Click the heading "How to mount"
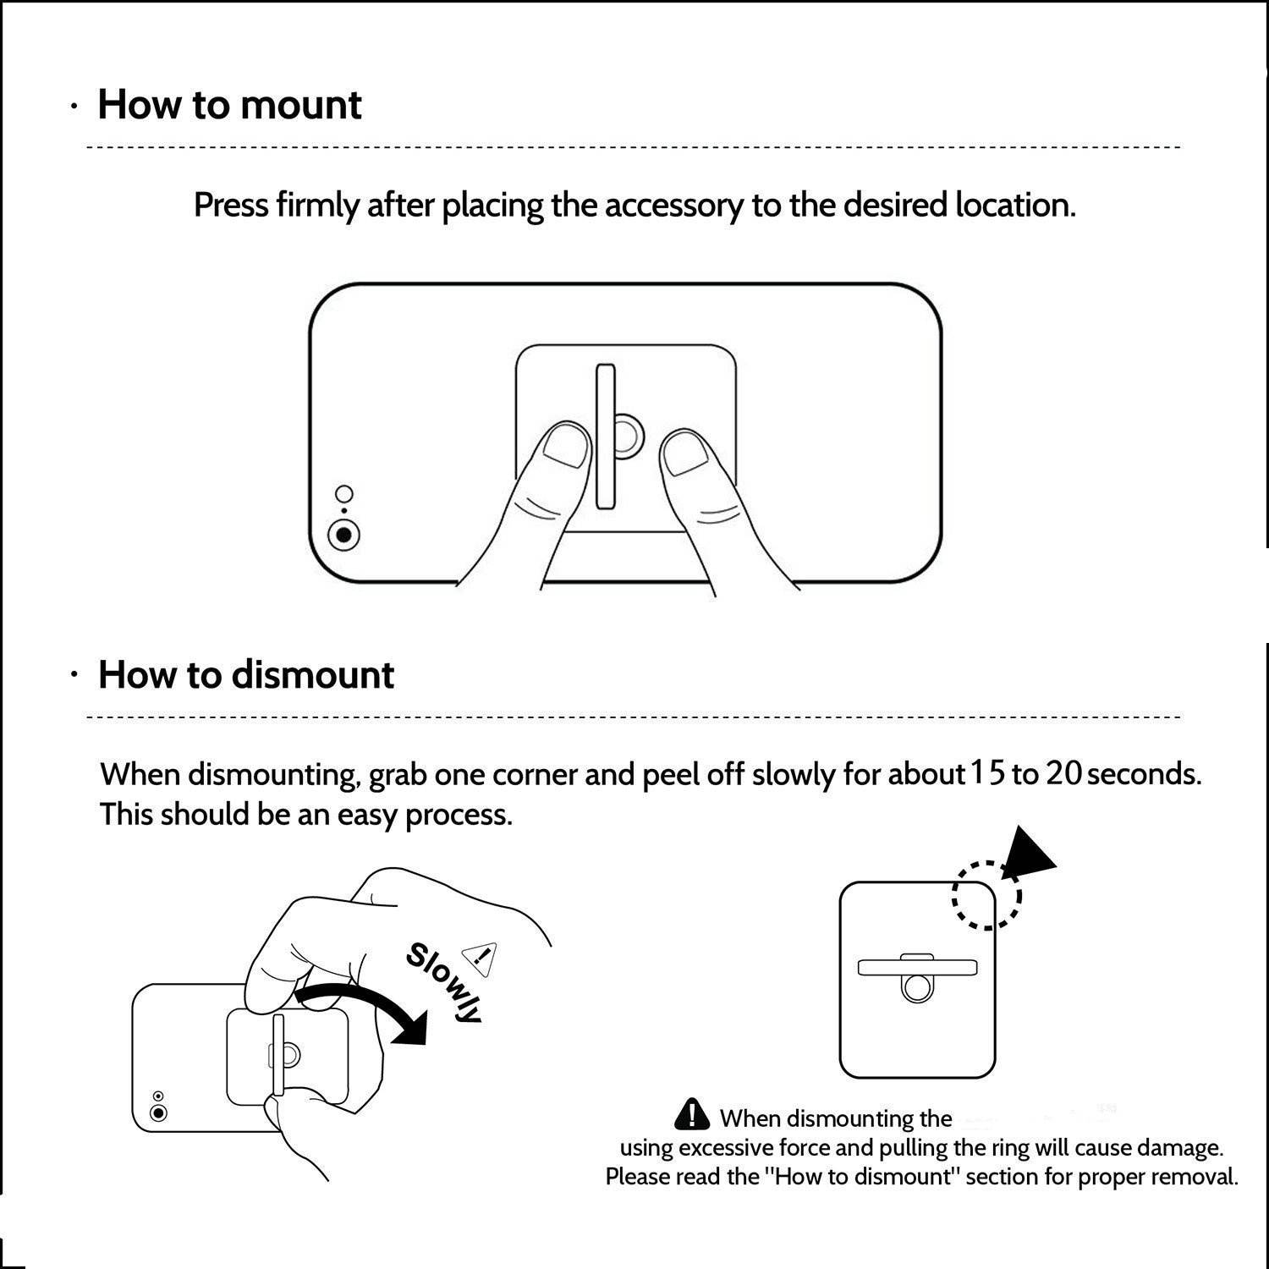(x=229, y=105)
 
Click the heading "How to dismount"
(x=245, y=675)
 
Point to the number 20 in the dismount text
(x=1063, y=772)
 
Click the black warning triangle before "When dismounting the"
(x=692, y=1114)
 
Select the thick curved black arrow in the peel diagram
(x=364, y=1003)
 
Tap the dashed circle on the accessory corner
(x=986, y=895)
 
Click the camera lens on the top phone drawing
(x=343, y=535)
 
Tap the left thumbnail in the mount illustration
(x=564, y=446)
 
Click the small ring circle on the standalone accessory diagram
(x=917, y=988)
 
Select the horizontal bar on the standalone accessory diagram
(x=917, y=967)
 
